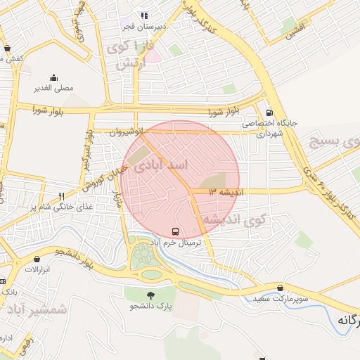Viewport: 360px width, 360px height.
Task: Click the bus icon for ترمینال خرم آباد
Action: coord(174,231)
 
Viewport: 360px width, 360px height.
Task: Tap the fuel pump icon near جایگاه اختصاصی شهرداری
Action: coord(269,112)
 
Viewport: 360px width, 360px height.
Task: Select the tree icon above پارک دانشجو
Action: coord(150,295)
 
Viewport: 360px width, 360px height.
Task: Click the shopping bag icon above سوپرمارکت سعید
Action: coord(281,288)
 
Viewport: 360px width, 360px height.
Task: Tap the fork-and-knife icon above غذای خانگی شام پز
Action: coord(62,196)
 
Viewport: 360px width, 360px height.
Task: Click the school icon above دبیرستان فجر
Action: coord(144,15)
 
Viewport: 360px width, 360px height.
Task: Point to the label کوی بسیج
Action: coord(334,143)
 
